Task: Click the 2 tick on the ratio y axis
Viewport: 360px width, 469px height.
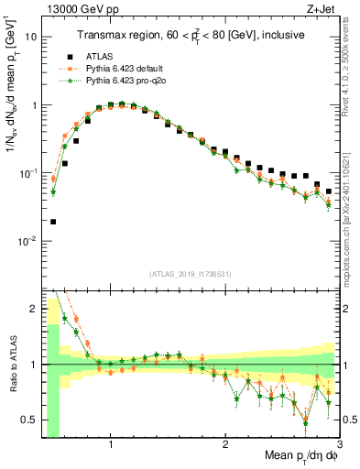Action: (x=35, y=308)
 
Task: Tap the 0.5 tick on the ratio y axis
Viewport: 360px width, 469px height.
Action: (x=31, y=420)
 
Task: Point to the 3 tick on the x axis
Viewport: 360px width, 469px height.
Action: (x=339, y=445)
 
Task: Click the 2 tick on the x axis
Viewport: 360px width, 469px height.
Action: (x=225, y=445)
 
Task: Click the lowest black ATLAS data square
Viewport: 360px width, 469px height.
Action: (x=53, y=222)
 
